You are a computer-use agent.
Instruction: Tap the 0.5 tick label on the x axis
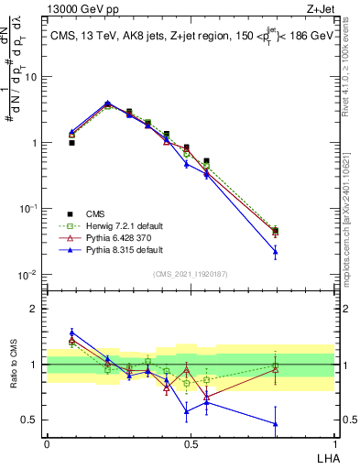[191, 443]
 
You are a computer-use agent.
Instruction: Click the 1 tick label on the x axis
[334, 443]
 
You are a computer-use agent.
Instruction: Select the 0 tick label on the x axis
[47, 443]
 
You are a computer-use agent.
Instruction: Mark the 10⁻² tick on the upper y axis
[30, 275]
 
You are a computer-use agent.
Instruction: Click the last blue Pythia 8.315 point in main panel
[300, 251]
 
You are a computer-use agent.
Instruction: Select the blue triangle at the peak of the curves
[108, 103]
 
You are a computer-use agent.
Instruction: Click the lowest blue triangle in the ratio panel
[300, 423]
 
